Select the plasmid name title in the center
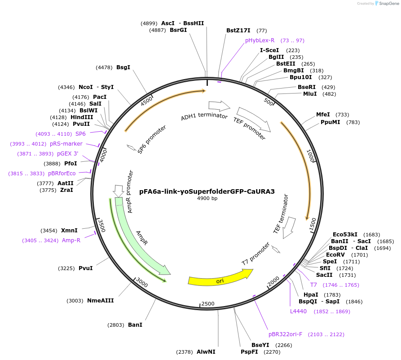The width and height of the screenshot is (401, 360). [x=207, y=191]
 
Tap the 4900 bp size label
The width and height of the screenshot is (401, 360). [x=207, y=198]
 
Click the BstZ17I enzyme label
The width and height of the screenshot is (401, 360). [x=238, y=31]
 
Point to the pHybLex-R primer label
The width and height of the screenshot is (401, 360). [x=260, y=40]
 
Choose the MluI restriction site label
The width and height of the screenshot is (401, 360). [x=310, y=94]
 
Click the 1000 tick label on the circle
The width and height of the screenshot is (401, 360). [x=310, y=156]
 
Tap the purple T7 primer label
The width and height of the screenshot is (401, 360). [x=313, y=285]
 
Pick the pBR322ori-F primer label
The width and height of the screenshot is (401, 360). [x=286, y=334]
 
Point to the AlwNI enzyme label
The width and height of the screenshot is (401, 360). [x=206, y=352]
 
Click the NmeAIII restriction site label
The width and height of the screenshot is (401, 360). [x=100, y=301]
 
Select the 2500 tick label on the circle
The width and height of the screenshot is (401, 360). [x=208, y=304]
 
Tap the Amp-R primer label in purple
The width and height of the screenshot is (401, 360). [x=71, y=240]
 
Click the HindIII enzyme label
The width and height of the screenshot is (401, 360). [x=82, y=117]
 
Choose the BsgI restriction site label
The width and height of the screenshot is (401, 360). [x=123, y=67]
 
